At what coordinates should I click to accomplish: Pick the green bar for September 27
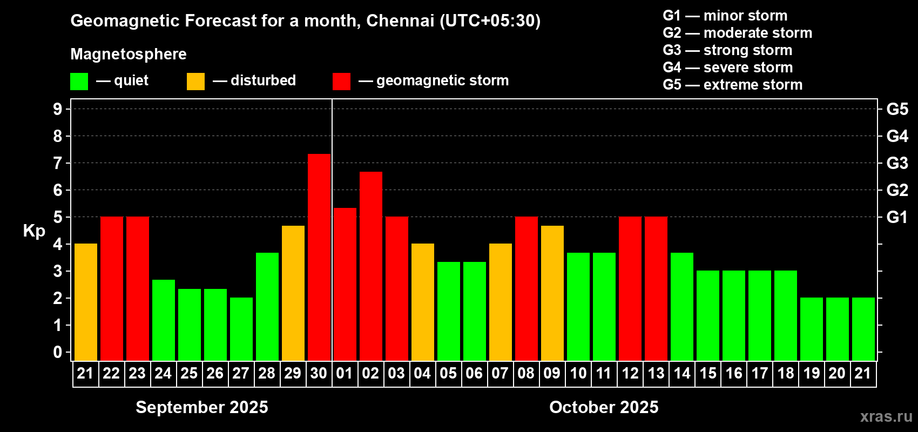pyautogui.click(x=241, y=329)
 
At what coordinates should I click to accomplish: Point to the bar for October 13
pyautogui.click(x=656, y=288)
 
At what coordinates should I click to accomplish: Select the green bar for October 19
pyautogui.click(x=811, y=329)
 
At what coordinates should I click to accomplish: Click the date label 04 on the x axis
pyautogui.click(x=422, y=373)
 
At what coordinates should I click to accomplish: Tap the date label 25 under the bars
pyautogui.click(x=189, y=373)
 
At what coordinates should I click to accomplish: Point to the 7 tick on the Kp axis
pyautogui.click(x=58, y=163)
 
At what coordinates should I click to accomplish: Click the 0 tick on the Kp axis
pyautogui.click(x=58, y=352)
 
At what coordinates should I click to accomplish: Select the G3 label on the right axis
pyautogui.click(x=897, y=163)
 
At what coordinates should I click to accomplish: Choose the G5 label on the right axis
pyautogui.click(x=897, y=109)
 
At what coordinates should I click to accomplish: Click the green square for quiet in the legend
pyautogui.click(x=79, y=82)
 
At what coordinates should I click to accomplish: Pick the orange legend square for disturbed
pyautogui.click(x=195, y=82)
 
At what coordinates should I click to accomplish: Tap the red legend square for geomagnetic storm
pyautogui.click(x=341, y=82)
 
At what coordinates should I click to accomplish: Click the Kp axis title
pyautogui.click(x=34, y=231)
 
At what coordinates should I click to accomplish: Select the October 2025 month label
pyautogui.click(x=604, y=407)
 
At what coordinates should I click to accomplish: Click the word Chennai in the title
pyautogui.click(x=400, y=21)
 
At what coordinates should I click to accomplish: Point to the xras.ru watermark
pyautogui.click(x=886, y=416)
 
